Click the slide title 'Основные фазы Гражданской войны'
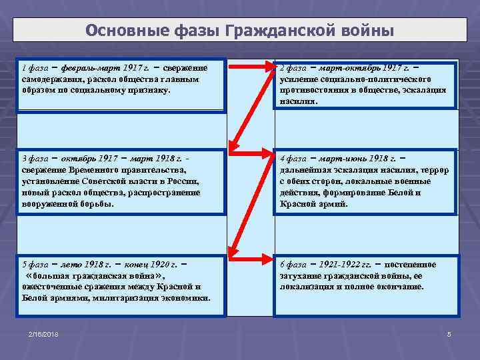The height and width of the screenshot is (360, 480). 240,31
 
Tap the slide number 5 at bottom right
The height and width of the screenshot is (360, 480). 449,333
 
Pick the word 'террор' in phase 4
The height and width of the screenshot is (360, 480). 435,170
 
